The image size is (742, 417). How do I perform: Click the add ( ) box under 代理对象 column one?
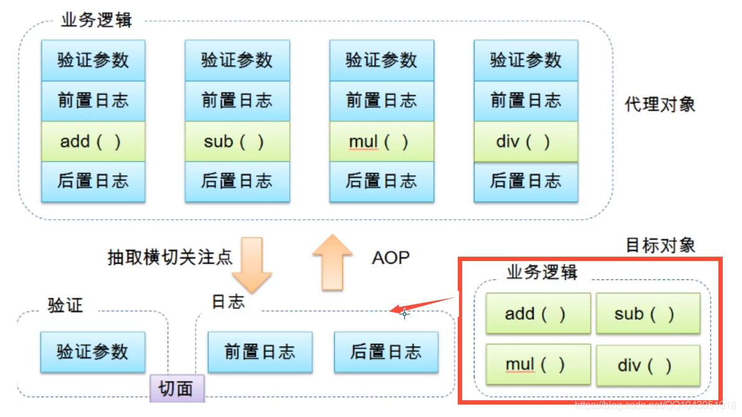[93, 141]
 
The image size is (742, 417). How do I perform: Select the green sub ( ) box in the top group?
[237, 141]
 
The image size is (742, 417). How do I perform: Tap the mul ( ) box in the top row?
[381, 141]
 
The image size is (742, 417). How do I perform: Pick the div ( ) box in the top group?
[526, 141]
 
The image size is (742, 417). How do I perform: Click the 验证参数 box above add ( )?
[93, 60]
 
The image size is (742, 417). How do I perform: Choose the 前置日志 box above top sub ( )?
[237, 101]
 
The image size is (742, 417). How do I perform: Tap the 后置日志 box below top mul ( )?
[381, 181]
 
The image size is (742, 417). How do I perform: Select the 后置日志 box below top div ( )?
[526, 181]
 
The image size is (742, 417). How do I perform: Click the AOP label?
[391, 257]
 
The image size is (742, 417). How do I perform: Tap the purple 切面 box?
[177, 389]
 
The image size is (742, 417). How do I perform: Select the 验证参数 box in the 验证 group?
[93, 352]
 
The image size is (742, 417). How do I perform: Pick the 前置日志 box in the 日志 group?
[260, 352]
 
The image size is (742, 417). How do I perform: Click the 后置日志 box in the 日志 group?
[386, 352]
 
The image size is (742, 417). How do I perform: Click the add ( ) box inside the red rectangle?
[537, 314]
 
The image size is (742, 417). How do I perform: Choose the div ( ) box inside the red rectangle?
[647, 365]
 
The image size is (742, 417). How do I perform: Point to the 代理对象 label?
[660, 104]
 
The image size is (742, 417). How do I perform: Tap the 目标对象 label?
[660, 245]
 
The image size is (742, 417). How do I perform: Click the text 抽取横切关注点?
[170, 257]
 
